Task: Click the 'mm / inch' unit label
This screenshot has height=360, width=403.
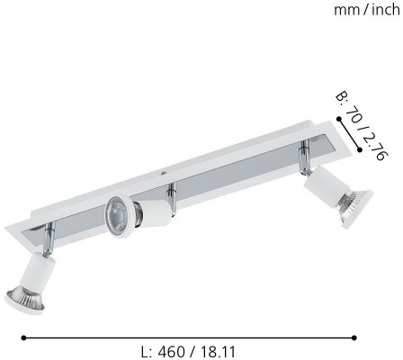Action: pyautogui.click(x=367, y=11)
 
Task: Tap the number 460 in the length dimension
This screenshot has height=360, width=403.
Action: pyautogui.click(x=172, y=352)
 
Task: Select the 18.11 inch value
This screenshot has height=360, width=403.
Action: pyautogui.click(x=219, y=352)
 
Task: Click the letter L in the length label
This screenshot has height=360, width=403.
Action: pyautogui.click(x=146, y=352)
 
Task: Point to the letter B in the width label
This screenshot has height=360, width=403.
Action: pyautogui.click(x=341, y=96)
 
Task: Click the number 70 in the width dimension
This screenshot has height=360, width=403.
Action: pyautogui.click(x=354, y=116)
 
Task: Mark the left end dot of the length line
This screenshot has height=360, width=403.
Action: pyautogui.click(x=24, y=337)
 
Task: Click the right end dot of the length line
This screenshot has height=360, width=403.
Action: pyautogui.click(x=354, y=337)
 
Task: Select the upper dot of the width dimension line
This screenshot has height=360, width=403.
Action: pyautogui.click(x=339, y=120)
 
